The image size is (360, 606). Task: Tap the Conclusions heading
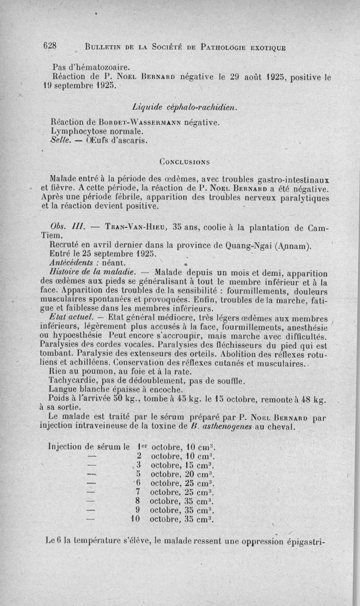[x=184, y=161]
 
